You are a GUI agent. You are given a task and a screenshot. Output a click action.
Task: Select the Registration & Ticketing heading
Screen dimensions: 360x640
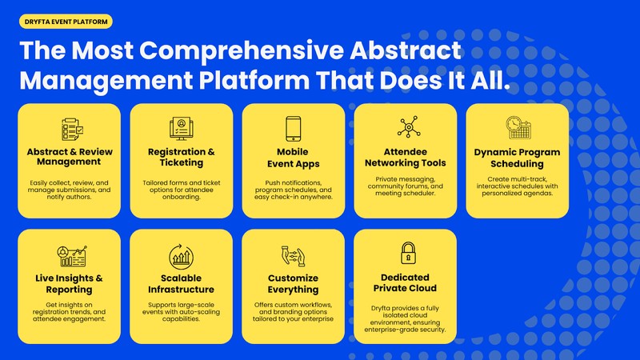(x=182, y=157)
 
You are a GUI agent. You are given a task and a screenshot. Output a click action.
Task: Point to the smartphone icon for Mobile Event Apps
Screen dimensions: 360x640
(x=294, y=128)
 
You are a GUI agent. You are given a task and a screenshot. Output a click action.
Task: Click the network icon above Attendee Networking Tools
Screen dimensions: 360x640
(x=405, y=128)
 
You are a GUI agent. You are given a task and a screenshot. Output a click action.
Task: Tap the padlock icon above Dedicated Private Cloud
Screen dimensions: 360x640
(x=405, y=253)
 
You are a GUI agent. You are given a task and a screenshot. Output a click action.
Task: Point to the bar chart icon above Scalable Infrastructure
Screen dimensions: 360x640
(x=182, y=255)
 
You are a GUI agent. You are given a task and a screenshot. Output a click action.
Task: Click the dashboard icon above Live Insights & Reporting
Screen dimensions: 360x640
(x=70, y=255)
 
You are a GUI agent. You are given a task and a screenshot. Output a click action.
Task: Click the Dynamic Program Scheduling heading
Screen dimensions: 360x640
(x=517, y=158)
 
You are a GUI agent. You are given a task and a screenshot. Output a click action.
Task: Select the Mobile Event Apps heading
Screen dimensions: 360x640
(x=294, y=157)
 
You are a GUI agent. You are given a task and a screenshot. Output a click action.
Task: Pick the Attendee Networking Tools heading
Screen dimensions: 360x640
(x=405, y=157)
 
